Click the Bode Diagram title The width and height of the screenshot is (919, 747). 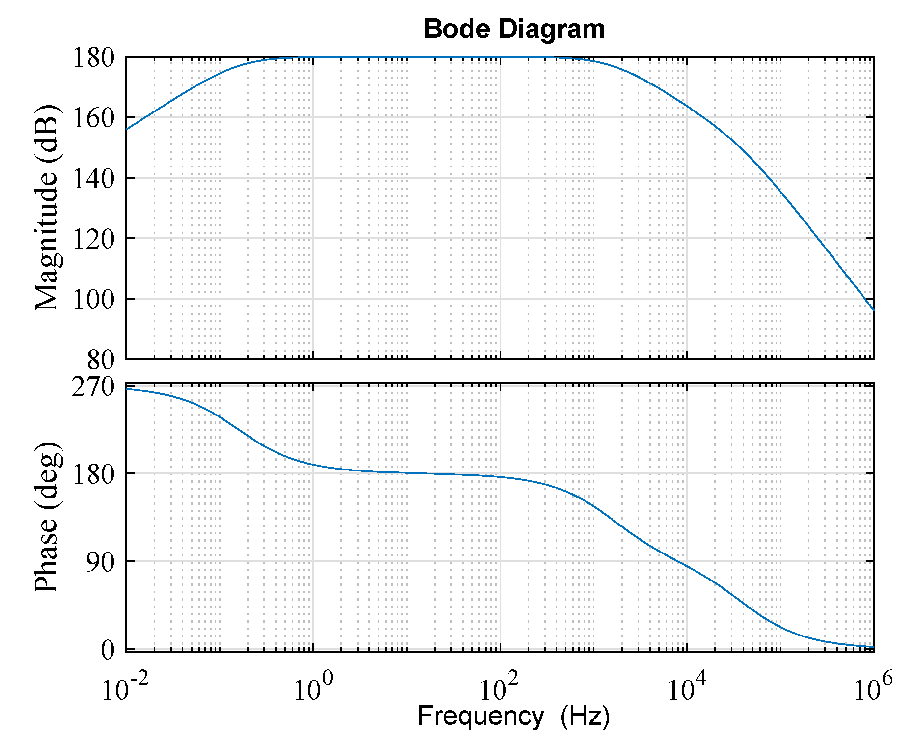point(514,29)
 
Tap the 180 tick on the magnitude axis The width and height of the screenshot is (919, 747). point(93,57)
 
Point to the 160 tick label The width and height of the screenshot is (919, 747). point(93,118)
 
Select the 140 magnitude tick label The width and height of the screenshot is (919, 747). point(93,178)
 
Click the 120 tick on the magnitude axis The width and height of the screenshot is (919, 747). point(93,239)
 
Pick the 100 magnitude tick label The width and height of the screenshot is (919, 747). point(93,299)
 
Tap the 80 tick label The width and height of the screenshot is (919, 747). point(101,360)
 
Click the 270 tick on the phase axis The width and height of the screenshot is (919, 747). point(93,387)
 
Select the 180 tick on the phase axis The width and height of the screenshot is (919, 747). point(93,474)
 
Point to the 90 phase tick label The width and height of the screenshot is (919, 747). point(101,562)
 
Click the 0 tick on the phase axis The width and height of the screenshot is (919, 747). point(108,650)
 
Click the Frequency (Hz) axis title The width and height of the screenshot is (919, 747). point(514,716)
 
